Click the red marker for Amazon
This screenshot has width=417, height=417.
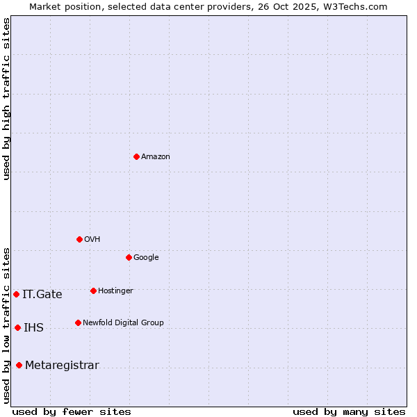click(x=136, y=156)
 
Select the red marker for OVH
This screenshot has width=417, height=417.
click(x=79, y=239)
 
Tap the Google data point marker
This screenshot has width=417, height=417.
click(x=129, y=257)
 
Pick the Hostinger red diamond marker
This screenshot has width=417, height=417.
click(x=93, y=291)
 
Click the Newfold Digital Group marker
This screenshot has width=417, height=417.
click(x=78, y=322)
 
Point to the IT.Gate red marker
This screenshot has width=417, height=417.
click(x=16, y=294)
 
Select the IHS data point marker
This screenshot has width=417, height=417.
click(x=17, y=327)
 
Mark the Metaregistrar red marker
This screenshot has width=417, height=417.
click(x=19, y=365)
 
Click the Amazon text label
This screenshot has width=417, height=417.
click(x=156, y=157)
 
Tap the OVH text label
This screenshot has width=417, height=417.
click(x=92, y=240)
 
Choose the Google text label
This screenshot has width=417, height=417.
click(x=146, y=258)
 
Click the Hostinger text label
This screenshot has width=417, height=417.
click(x=115, y=291)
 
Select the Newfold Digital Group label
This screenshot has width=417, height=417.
click(x=123, y=323)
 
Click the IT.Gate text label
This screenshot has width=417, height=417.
click(x=42, y=295)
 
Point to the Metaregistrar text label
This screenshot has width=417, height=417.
click(x=62, y=366)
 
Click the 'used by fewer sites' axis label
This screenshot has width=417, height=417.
click(x=72, y=411)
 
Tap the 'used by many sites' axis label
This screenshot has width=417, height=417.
click(x=349, y=411)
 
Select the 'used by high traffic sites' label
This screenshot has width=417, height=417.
click(x=6, y=99)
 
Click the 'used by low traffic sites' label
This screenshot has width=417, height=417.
click(x=6, y=325)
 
